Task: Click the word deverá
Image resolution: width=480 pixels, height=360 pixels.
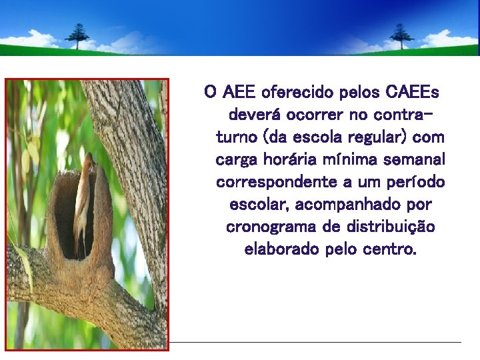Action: pos(254,114)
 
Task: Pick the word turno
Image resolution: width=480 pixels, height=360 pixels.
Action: pos(237,137)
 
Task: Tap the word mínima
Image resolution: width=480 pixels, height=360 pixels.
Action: pos(353,160)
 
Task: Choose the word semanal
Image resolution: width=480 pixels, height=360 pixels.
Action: pos(416,160)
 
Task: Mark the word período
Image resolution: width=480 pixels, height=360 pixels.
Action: pos(417,183)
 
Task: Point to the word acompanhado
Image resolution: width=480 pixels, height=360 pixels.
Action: pos(347,205)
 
